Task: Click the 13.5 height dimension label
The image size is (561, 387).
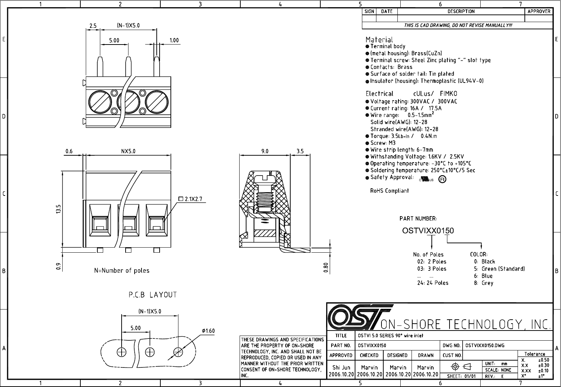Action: [58, 210]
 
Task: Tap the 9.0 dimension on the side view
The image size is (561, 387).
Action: [265, 151]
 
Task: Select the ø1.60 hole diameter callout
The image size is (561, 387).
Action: [208, 331]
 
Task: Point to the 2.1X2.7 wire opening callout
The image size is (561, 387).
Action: [193, 199]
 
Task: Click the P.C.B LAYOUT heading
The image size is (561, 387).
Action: [153, 295]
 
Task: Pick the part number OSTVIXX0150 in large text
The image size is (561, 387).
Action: [428, 231]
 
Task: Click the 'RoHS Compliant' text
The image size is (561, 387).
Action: [389, 191]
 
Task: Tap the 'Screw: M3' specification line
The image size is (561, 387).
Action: [383, 143]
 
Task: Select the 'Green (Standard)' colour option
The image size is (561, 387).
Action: [503, 269]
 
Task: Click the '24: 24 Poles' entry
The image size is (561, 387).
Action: [433, 283]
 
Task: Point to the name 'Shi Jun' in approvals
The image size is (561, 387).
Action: [341, 367]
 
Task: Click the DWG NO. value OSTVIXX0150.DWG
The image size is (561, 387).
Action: [485, 345]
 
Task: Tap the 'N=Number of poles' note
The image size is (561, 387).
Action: [122, 270]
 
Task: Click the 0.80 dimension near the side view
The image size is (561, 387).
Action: [326, 268]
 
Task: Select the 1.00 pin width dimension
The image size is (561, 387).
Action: [174, 40]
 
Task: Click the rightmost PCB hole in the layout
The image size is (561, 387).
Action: [178, 352]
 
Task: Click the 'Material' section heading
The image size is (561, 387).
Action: [379, 39]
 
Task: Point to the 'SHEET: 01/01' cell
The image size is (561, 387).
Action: [461, 376]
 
